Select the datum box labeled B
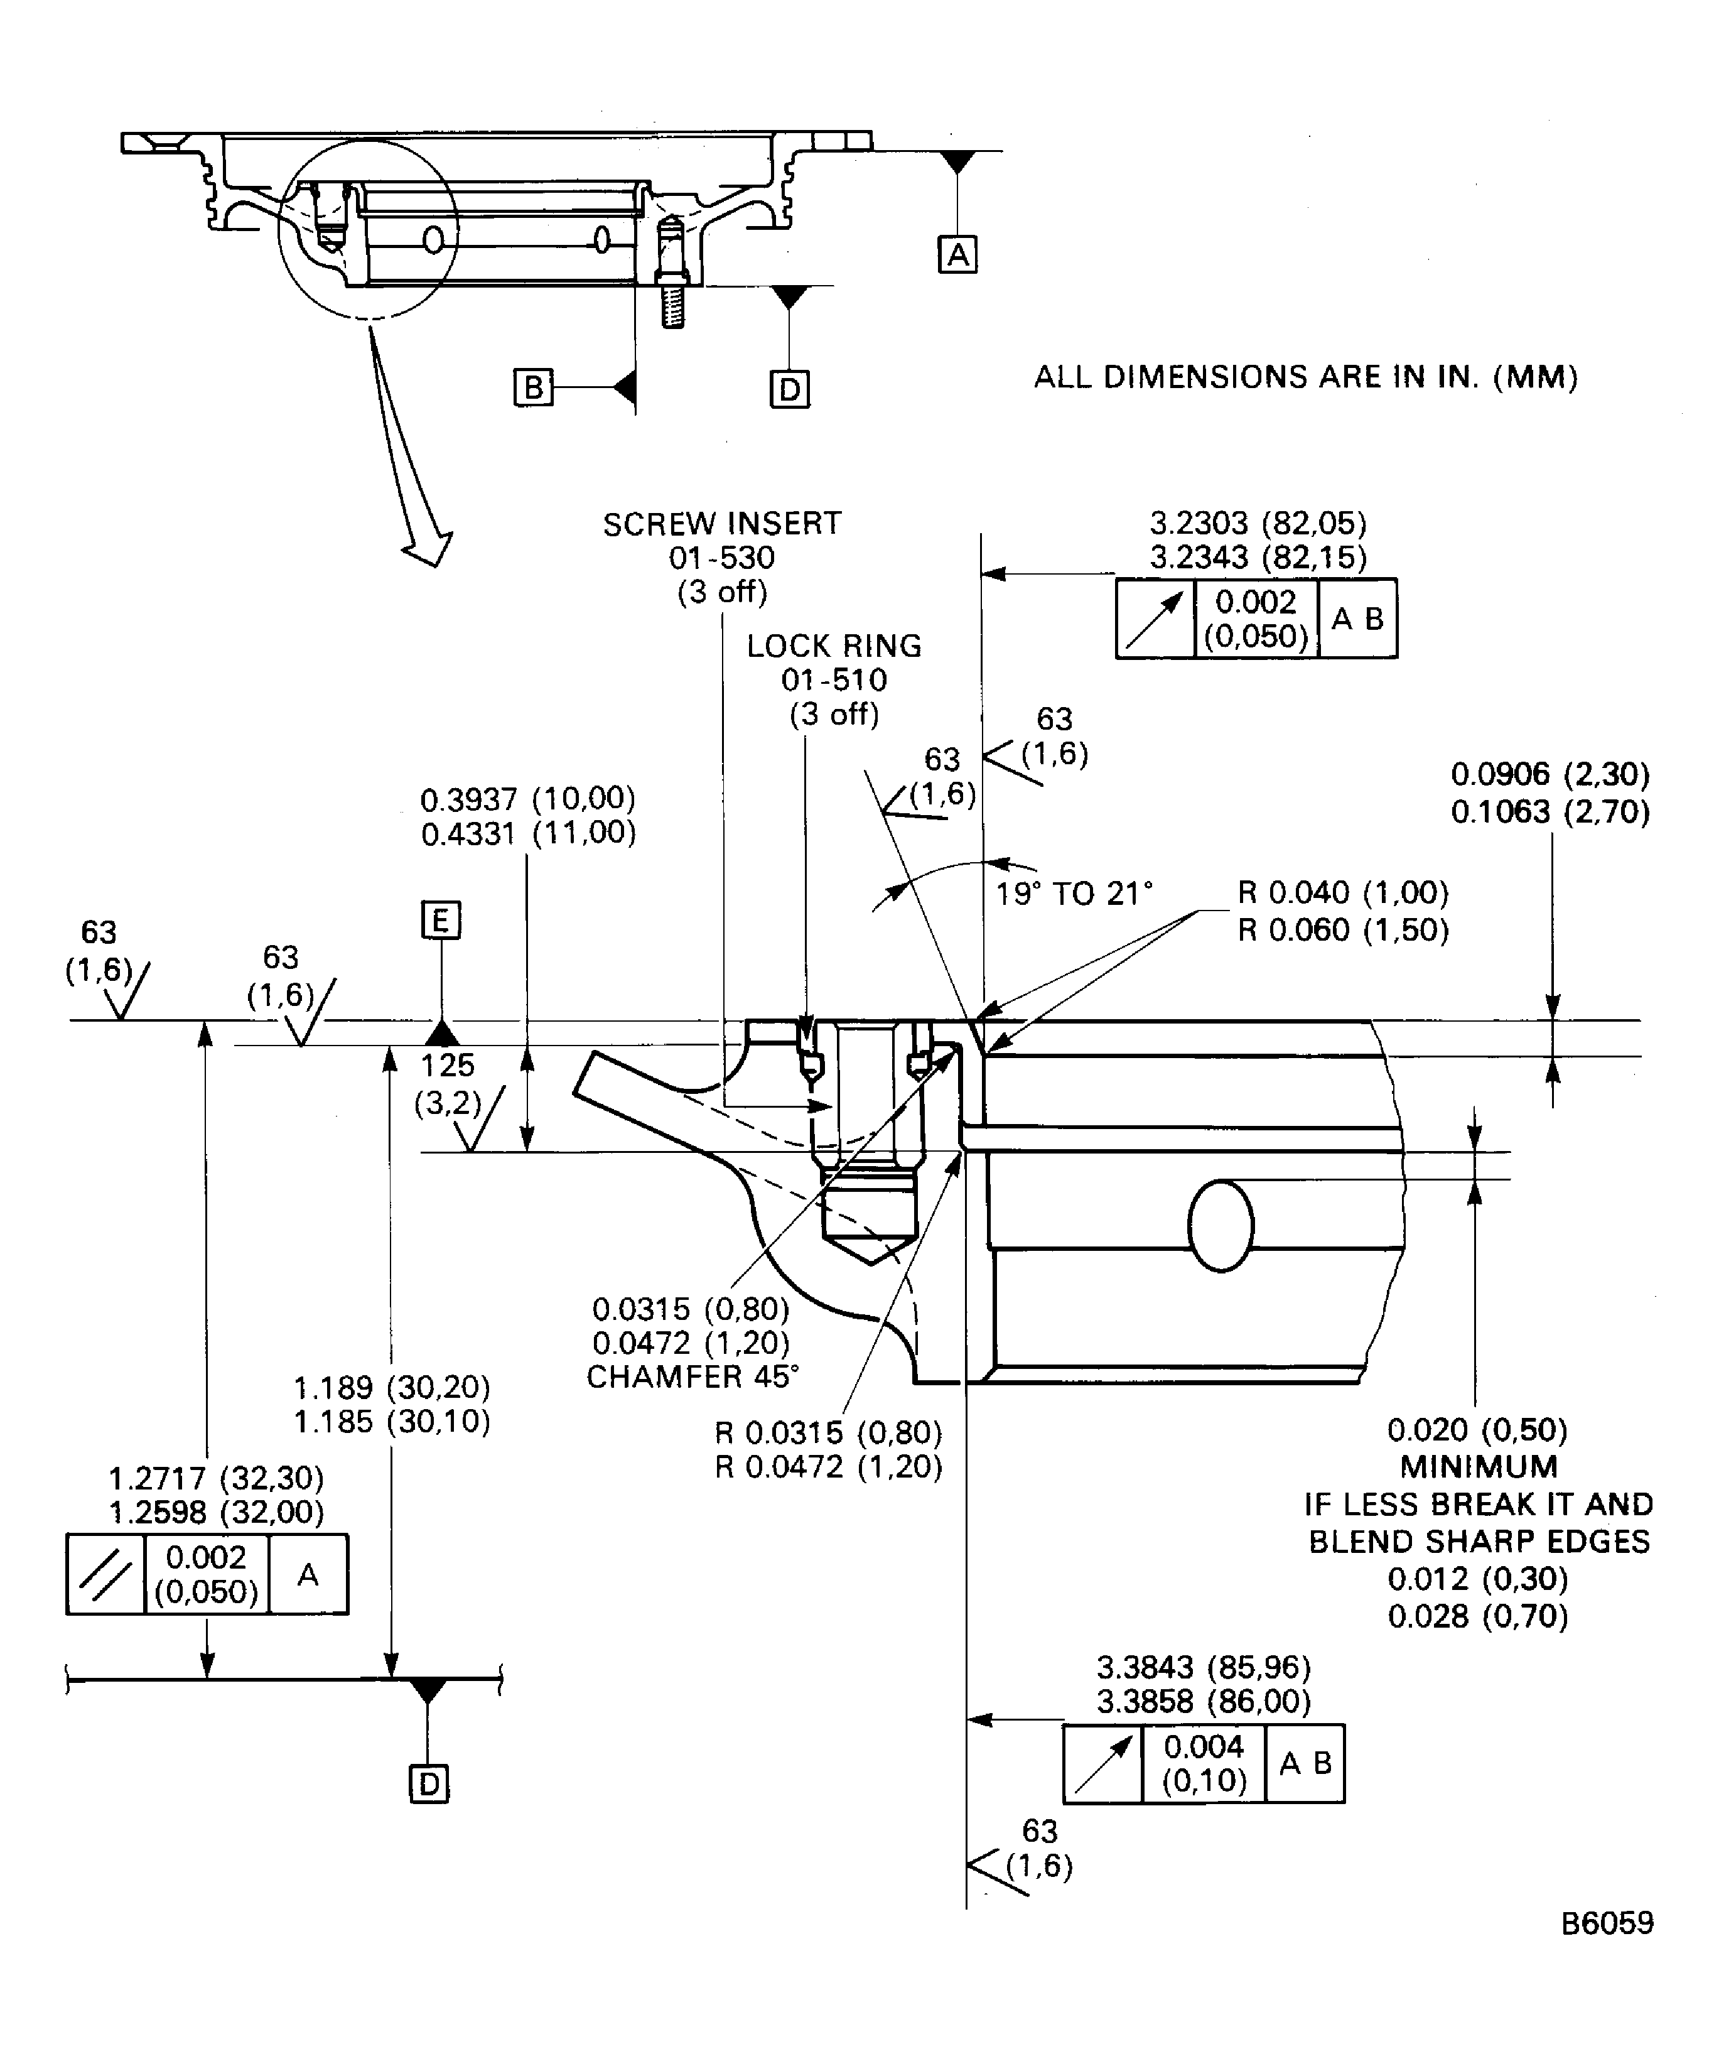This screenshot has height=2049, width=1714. pyautogui.click(x=532, y=387)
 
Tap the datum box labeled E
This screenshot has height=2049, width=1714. pyautogui.click(x=441, y=920)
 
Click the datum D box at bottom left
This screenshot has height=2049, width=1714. pyautogui.click(x=428, y=1785)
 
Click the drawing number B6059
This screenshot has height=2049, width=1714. pyautogui.click(x=1607, y=1923)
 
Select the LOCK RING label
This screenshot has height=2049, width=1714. pyautogui.click(x=834, y=646)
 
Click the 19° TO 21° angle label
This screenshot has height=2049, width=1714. pyautogui.click(x=1073, y=893)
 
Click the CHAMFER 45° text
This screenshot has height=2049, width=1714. pyautogui.click(x=693, y=1376)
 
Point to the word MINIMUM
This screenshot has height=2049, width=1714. pyautogui.click(x=1479, y=1466)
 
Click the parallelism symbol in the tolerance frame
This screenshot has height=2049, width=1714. pyautogui.click(x=105, y=1575)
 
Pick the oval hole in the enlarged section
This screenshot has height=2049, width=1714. pyautogui.click(x=1221, y=1226)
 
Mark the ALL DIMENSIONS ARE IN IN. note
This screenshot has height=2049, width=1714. pyautogui.click(x=1305, y=377)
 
